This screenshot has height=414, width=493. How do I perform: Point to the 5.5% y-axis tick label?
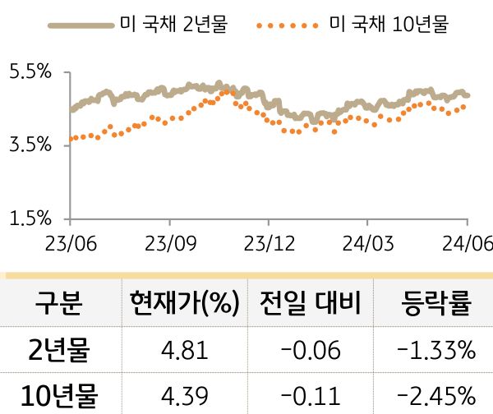30,72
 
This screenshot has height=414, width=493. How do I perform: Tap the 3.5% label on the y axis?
30,145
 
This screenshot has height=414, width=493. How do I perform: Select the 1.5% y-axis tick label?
30,218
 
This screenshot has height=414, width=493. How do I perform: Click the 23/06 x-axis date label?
71,244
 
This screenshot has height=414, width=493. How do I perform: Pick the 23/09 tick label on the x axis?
169,244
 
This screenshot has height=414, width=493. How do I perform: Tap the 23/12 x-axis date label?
268,244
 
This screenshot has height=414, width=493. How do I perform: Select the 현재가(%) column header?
184,304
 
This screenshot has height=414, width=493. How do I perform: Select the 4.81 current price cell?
184,351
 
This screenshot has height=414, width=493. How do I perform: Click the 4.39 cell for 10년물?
184,395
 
